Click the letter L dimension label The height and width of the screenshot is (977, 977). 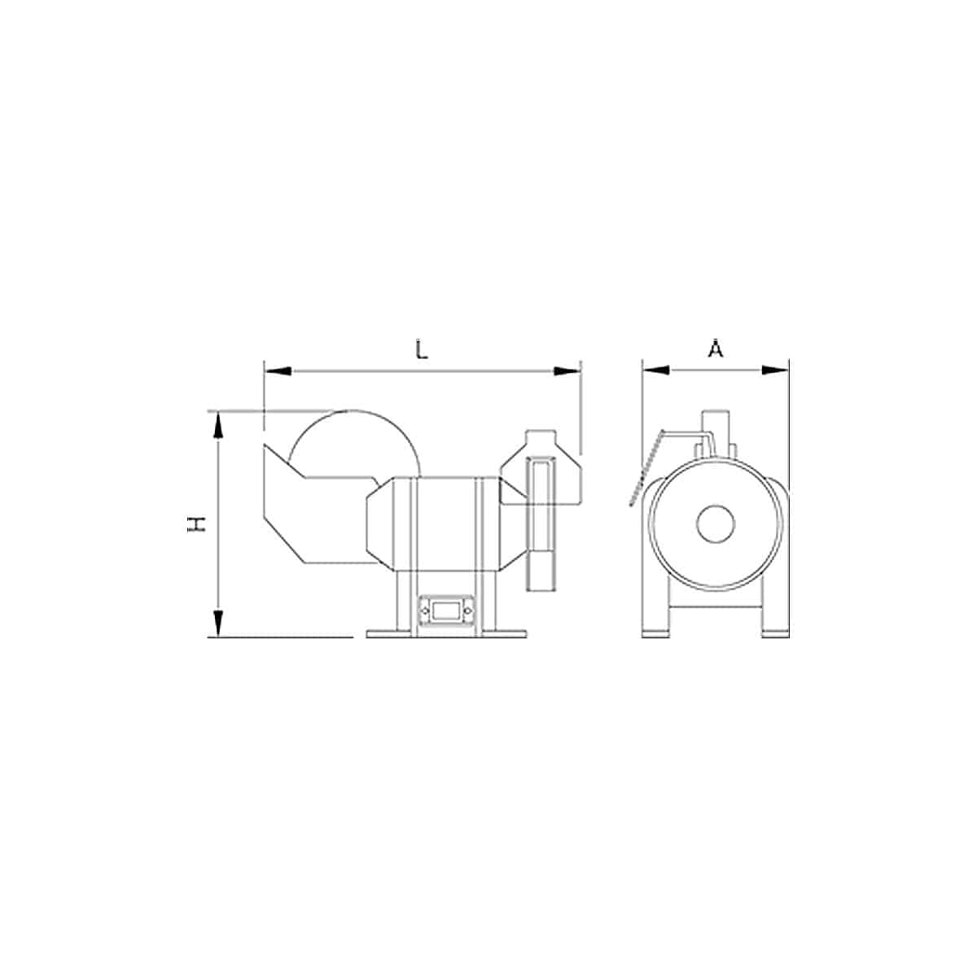[x=421, y=350]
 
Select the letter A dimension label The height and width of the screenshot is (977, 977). [x=716, y=348]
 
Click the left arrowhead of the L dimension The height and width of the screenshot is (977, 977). [x=278, y=371]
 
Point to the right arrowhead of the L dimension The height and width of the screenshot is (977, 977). [x=567, y=371]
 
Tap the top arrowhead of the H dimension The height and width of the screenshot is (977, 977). [x=218, y=426]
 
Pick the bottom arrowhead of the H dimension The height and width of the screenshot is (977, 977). [x=218, y=623]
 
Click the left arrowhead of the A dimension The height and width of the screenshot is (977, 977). [x=656, y=370]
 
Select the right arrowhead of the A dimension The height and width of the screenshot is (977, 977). [x=775, y=370]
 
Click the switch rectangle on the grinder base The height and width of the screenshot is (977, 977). [x=445, y=612]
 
